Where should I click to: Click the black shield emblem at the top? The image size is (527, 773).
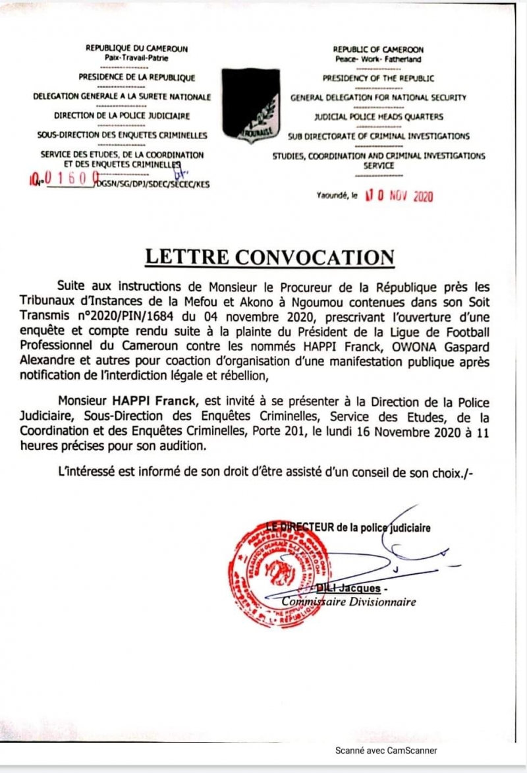[x=250, y=104]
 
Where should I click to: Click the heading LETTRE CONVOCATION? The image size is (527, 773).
[x=269, y=256]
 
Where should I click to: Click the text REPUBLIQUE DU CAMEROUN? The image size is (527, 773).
[x=136, y=49]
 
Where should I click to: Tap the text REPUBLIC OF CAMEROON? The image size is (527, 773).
[x=378, y=49]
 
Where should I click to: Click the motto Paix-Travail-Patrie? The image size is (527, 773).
[x=136, y=57]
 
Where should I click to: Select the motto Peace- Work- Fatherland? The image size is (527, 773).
[x=378, y=58]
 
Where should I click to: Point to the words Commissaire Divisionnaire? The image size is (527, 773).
[x=349, y=602]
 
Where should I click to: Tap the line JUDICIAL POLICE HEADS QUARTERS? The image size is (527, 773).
[x=378, y=117]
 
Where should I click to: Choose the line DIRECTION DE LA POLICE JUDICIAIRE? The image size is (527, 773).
[x=122, y=117]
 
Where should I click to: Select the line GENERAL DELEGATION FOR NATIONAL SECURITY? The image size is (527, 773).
[x=378, y=98]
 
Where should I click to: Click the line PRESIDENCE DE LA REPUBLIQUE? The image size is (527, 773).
[x=136, y=77]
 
